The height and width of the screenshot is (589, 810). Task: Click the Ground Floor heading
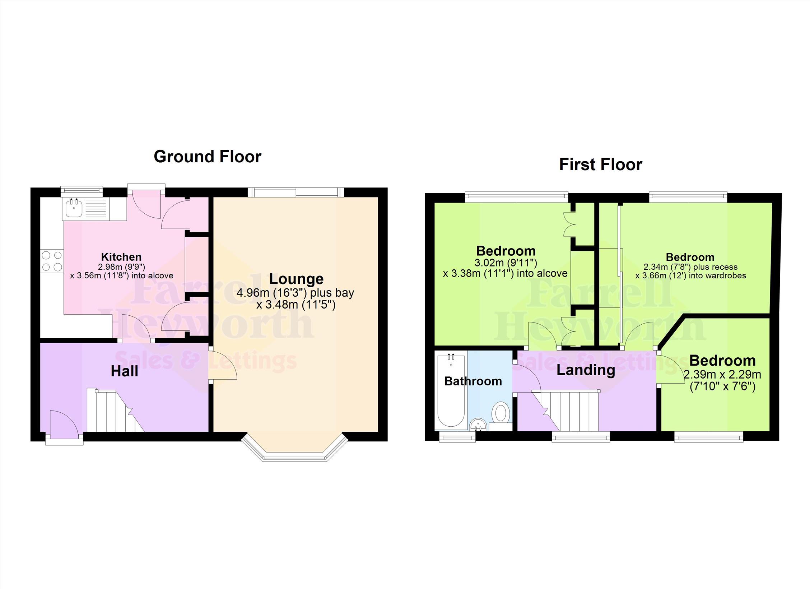coord(208,157)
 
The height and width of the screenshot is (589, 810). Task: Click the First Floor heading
coord(601,164)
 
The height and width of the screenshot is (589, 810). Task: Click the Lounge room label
coord(296,279)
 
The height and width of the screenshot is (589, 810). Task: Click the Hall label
coord(124,371)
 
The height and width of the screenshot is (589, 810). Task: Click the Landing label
coord(586,370)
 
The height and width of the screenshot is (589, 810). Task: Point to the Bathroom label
coord(473,381)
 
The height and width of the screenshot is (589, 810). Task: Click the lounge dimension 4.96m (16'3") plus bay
coord(295,293)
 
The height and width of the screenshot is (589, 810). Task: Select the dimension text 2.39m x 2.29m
coord(722,375)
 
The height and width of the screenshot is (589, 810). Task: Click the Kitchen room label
coord(121,257)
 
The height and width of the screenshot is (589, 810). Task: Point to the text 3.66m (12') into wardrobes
coord(690,275)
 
